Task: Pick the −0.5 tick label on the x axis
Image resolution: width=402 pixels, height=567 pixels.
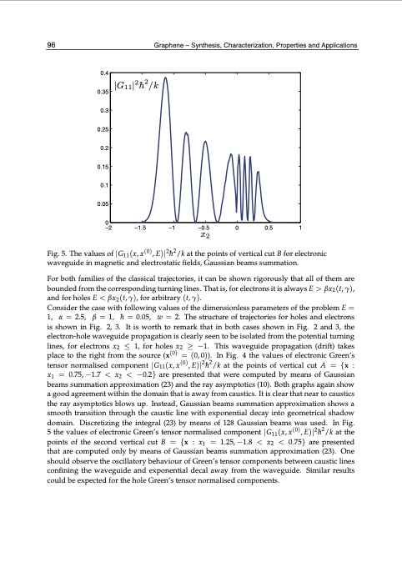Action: (203, 228)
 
